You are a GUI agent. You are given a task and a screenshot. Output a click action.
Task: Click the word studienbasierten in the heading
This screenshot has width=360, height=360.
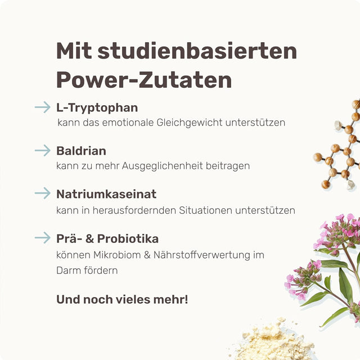(197, 52)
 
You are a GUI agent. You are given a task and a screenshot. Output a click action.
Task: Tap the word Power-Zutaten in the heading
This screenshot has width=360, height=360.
(144, 80)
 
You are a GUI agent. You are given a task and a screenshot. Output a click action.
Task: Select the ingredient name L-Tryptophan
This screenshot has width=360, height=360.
(97, 107)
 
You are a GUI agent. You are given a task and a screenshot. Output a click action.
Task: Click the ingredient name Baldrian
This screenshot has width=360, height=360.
(81, 151)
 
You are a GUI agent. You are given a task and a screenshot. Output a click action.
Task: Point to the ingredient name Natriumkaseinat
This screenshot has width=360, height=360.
(106, 194)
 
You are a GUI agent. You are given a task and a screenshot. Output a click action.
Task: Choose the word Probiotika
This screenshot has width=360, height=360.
(130, 238)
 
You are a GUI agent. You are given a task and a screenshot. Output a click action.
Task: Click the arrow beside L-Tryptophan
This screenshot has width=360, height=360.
(42, 107)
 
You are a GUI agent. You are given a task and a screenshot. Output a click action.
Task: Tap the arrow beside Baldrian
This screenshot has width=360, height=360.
(42, 150)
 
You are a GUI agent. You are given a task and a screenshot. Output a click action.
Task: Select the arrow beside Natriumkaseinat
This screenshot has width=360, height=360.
(42, 193)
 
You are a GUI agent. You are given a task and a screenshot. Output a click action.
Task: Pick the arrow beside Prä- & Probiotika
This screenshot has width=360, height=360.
(42, 238)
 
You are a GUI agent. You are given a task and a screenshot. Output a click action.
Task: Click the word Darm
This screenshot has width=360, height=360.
(67, 270)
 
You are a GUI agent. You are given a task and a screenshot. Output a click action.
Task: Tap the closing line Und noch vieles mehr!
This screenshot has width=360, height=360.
(122, 299)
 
